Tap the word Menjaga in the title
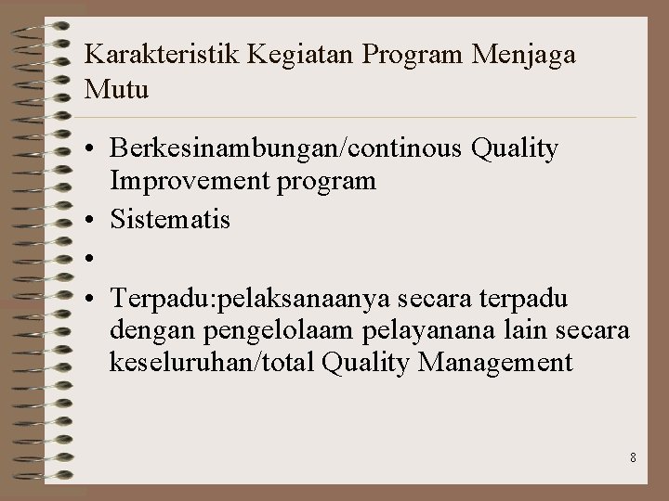coord(524,55)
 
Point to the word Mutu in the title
coord(116,92)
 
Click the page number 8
coord(632,457)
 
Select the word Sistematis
coord(170,221)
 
